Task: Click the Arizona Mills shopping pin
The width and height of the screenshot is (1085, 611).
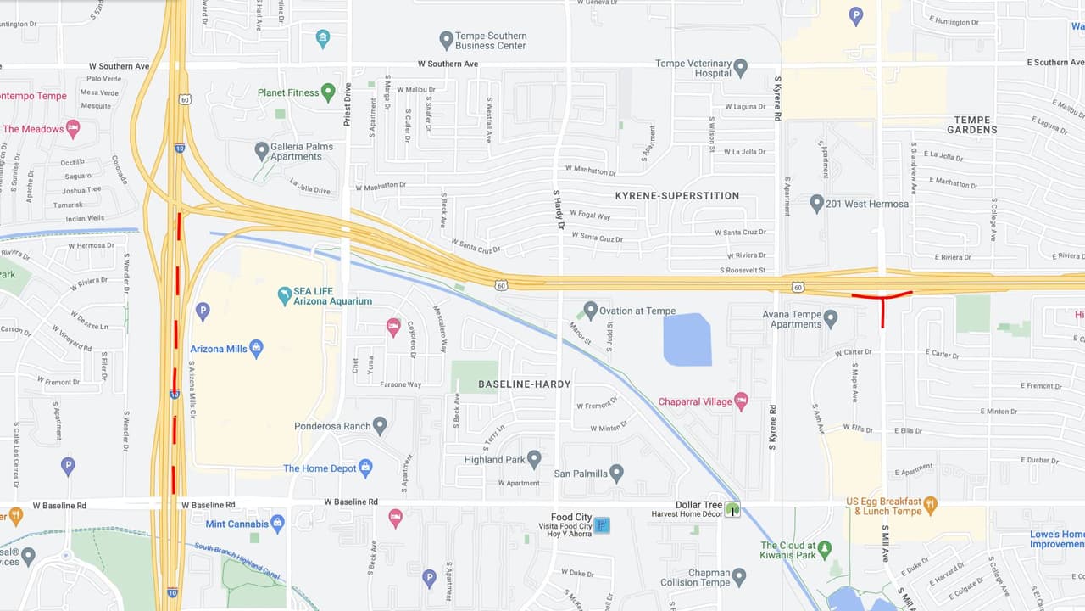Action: [256, 348]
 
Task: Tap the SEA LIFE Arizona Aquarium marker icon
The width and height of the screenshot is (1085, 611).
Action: [285, 295]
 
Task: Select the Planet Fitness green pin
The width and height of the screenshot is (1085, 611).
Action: [328, 92]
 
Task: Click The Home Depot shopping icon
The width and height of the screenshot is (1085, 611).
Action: [365, 468]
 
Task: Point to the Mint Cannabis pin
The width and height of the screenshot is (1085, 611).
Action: [277, 523]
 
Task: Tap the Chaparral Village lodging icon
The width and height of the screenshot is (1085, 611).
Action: [741, 401]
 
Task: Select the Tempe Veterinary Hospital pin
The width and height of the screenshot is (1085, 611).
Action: [741, 67]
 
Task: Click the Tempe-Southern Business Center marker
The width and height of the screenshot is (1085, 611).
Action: [446, 40]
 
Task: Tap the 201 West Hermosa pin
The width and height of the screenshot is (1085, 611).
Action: [816, 204]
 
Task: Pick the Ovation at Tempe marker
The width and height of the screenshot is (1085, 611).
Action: [591, 311]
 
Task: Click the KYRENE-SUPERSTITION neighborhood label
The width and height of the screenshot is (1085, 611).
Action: [676, 196]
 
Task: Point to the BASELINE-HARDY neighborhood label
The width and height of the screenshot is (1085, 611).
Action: [524, 384]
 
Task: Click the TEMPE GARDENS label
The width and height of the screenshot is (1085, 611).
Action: [971, 125]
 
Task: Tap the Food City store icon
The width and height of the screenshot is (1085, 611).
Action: [601, 525]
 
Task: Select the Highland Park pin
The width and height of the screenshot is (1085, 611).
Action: [533, 459]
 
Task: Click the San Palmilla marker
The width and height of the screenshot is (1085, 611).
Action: [616, 473]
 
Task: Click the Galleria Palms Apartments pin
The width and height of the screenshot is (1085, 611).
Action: [262, 151]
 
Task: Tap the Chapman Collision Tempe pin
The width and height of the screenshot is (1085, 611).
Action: [739, 577]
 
